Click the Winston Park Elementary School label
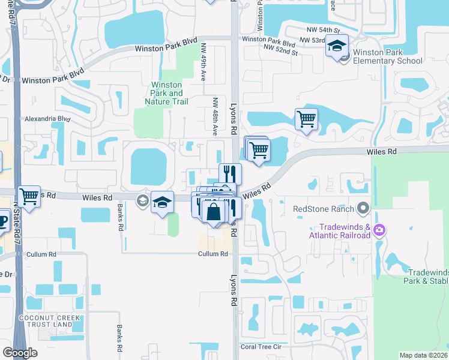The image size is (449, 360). click(x=387, y=56)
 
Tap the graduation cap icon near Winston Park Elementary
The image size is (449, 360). click(x=337, y=46)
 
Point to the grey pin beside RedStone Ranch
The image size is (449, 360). click(x=363, y=209)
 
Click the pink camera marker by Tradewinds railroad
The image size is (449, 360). click(x=379, y=230)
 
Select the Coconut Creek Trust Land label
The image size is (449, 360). click(x=46, y=320)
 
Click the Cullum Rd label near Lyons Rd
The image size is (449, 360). click(x=214, y=254)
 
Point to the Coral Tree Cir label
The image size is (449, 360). click(x=261, y=347)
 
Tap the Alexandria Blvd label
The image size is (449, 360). click(x=47, y=119)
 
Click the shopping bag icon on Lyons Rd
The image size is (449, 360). click(x=213, y=211)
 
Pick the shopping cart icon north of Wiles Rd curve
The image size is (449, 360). click(x=306, y=118)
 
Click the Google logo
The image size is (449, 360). click(x=20, y=353)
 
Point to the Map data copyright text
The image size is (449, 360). click(x=423, y=355)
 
